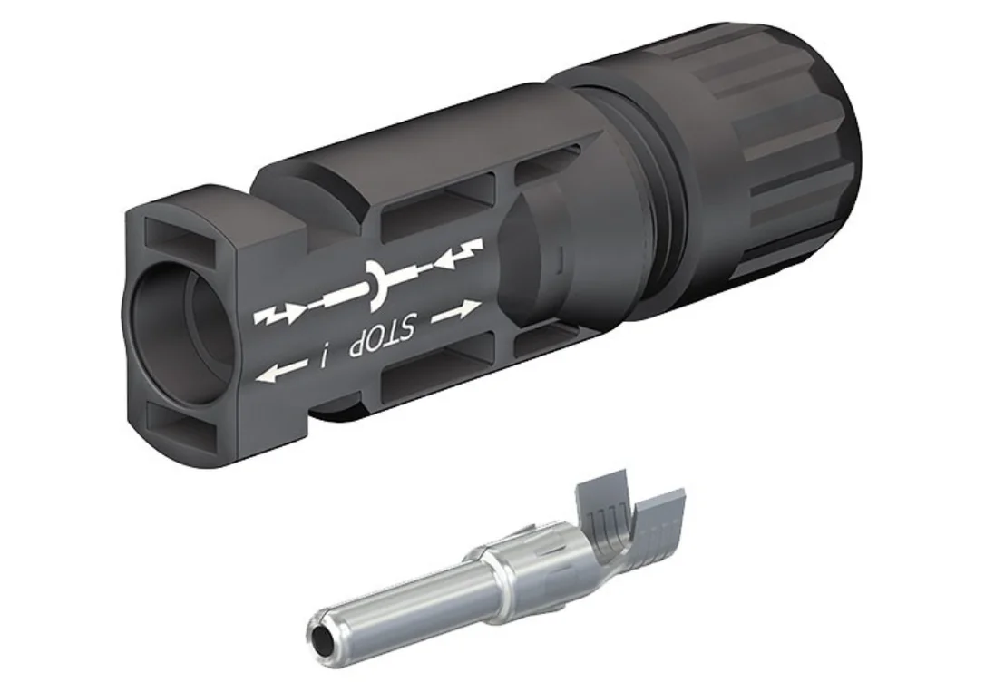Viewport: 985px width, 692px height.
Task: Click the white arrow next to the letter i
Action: (283, 371)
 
